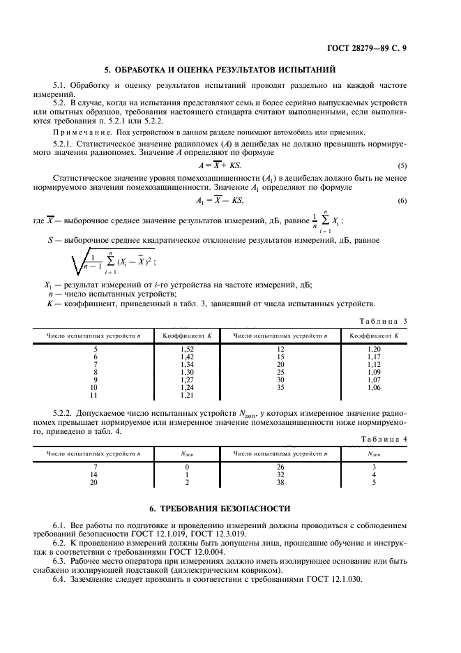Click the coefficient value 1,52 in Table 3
186,348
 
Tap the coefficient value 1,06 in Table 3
374,387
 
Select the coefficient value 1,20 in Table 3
374,348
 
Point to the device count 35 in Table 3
280,387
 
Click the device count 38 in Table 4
280,482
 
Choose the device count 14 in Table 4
94,474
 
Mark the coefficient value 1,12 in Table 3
374,363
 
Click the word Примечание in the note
83,133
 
